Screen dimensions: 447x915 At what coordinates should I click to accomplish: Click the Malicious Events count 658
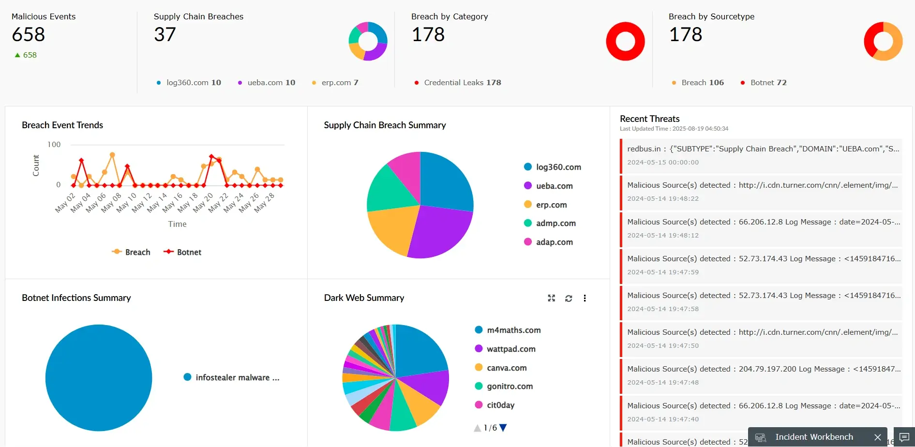pyautogui.click(x=29, y=35)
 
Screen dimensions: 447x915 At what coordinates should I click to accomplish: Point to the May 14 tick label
pyautogui.click(x=157, y=203)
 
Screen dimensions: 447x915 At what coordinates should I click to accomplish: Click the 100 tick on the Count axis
pyautogui.click(x=54, y=145)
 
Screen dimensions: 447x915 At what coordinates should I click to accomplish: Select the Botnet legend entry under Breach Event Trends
pyautogui.click(x=183, y=252)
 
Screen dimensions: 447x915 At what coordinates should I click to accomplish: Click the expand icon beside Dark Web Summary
pyautogui.click(x=551, y=298)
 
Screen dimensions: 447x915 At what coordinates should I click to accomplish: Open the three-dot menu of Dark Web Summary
pyautogui.click(x=585, y=298)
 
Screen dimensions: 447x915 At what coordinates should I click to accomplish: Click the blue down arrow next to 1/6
pyautogui.click(x=503, y=428)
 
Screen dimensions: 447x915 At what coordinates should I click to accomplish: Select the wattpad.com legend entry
pyautogui.click(x=510, y=349)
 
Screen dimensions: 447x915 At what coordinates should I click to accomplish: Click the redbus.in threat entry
pyautogui.click(x=762, y=155)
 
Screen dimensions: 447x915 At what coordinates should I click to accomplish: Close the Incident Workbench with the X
pyautogui.click(x=877, y=437)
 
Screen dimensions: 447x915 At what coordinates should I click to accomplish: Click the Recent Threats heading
pyautogui.click(x=649, y=119)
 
